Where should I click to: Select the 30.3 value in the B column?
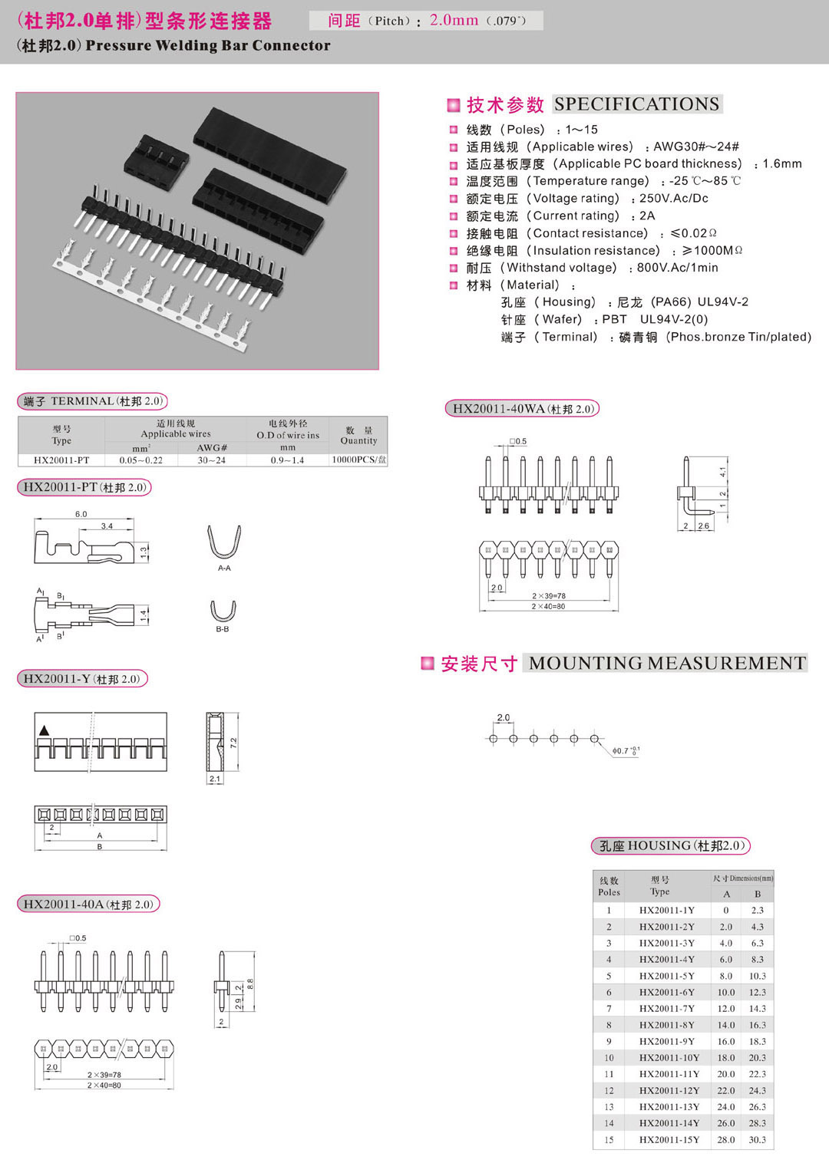pos(757,1140)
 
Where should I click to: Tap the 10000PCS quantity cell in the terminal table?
pos(358,460)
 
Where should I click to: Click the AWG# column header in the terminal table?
pos(212,448)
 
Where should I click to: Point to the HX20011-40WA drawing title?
pos(522,409)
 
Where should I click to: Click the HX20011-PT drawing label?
pos(84,487)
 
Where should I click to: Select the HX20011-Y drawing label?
pos(81,679)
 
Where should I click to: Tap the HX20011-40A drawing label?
pos(88,904)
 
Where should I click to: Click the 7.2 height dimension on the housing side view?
pos(233,743)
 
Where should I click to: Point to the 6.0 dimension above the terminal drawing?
pos(81,514)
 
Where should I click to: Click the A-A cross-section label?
pos(224,568)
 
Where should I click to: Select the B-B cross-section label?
pos(223,629)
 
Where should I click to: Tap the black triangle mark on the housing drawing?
pos(44,730)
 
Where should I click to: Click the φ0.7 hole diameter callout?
pos(625,750)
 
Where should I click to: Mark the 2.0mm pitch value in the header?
pos(454,21)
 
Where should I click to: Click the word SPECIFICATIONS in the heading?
pos(636,104)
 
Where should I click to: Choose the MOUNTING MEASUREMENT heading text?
pos(667,664)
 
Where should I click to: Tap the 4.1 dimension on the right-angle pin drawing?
pos(722,471)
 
